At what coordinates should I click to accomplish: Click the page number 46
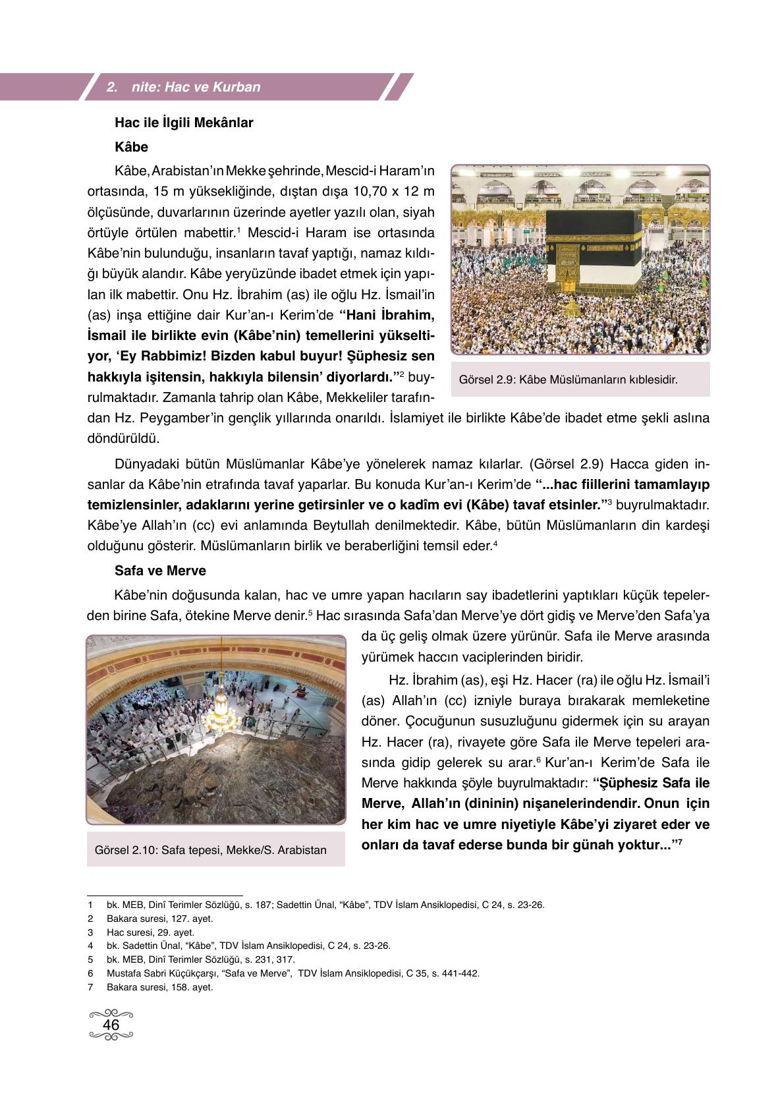tap(111, 1025)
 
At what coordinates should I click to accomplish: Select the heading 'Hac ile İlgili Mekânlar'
tap(184, 123)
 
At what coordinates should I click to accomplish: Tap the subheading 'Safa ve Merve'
tap(160, 571)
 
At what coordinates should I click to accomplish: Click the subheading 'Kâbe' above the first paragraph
tap(131, 147)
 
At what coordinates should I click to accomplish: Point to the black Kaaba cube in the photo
tap(594, 250)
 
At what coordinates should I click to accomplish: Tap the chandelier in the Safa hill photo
tap(221, 710)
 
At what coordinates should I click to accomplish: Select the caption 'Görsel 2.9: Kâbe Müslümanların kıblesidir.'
tap(568, 380)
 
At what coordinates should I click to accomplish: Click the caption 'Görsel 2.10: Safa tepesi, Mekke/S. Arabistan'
tap(211, 850)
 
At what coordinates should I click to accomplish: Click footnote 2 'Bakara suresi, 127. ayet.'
tap(160, 919)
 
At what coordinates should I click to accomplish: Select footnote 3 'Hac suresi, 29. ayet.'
tap(151, 932)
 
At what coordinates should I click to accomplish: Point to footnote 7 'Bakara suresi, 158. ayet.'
tap(160, 987)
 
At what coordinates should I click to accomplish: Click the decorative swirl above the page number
tap(111, 1013)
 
